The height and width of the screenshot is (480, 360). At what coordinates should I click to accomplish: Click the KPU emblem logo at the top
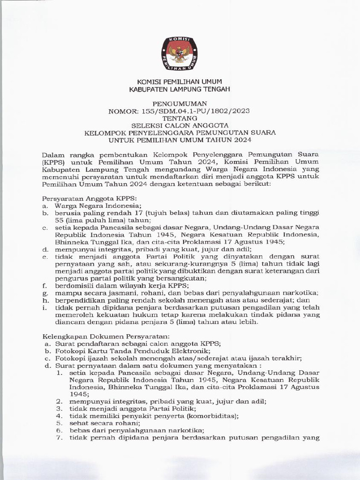click(180, 53)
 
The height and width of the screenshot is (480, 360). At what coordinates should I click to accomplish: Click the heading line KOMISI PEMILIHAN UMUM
click(180, 82)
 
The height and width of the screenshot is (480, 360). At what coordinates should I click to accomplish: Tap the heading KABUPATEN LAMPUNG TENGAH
click(180, 89)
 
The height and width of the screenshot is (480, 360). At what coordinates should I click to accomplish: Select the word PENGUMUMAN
click(180, 103)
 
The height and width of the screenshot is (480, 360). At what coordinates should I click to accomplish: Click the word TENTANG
click(180, 118)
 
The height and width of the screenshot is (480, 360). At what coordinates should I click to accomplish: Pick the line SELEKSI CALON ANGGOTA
click(180, 125)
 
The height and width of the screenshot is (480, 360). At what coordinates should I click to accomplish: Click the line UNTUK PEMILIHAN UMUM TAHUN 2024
click(180, 140)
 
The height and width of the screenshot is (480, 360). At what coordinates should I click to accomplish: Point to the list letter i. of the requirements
click(44, 307)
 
